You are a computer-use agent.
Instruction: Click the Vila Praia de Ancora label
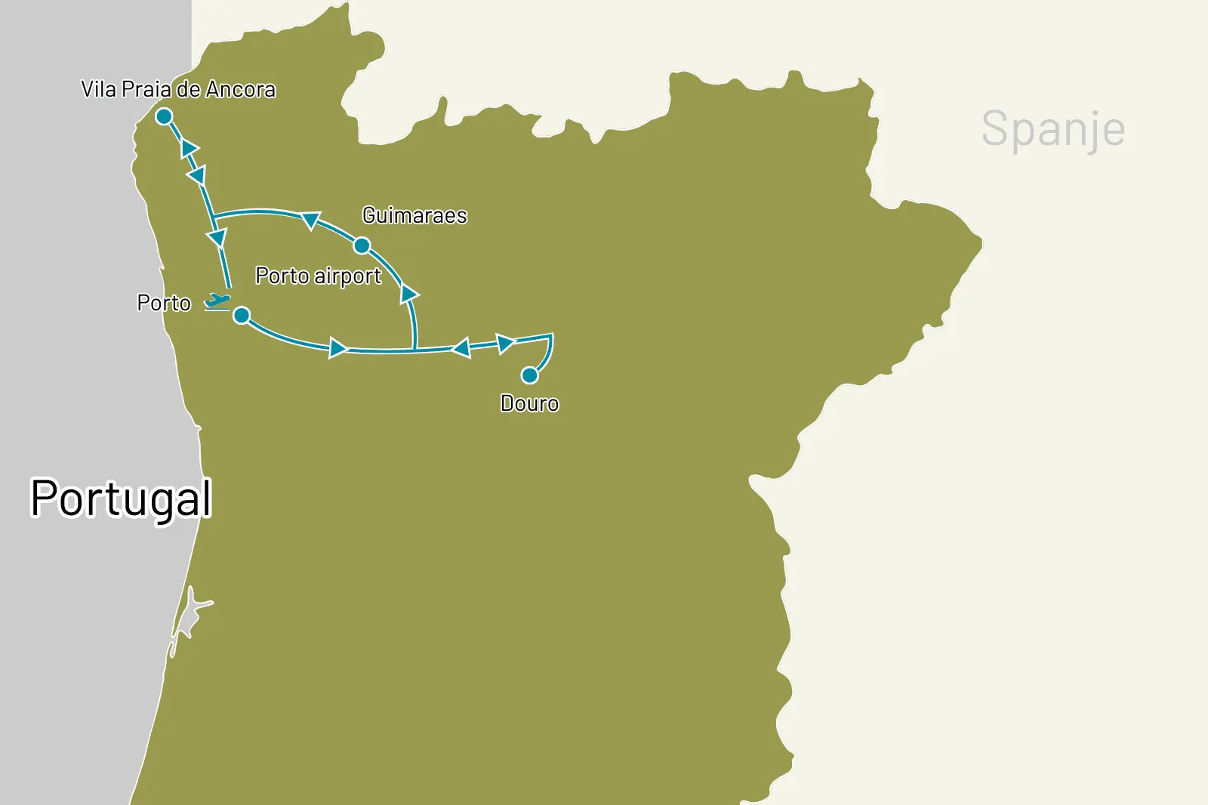click(178, 90)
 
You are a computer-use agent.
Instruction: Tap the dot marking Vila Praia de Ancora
click(164, 116)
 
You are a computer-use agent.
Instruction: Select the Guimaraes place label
click(414, 216)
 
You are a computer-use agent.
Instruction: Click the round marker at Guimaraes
click(362, 245)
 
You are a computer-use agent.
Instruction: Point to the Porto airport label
click(318, 276)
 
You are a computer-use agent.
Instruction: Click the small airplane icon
click(217, 301)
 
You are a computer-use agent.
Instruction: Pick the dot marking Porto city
click(242, 315)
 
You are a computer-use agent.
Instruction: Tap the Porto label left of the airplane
click(164, 304)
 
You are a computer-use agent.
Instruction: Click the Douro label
click(529, 404)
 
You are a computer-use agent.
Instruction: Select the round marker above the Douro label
click(530, 375)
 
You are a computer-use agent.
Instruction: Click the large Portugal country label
click(121, 499)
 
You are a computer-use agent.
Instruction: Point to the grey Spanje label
click(1053, 129)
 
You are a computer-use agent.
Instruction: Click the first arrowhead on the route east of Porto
click(337, 348)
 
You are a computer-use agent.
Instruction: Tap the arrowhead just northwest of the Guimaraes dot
click(310, 221)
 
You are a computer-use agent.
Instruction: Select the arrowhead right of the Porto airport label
click(408, 293)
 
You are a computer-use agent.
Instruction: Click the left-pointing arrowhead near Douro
click(461, 347)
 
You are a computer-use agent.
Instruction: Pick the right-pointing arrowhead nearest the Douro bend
click(505, 344)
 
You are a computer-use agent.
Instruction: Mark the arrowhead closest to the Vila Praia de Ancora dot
click(189, 149)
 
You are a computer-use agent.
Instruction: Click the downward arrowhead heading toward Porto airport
click(217, 239)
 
